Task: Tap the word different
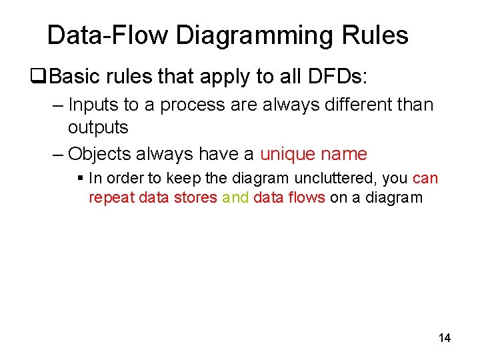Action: pos(349,105)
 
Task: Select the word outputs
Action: pos(97,127)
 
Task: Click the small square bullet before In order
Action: pos(80,179)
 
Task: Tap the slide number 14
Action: pos(445,338)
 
